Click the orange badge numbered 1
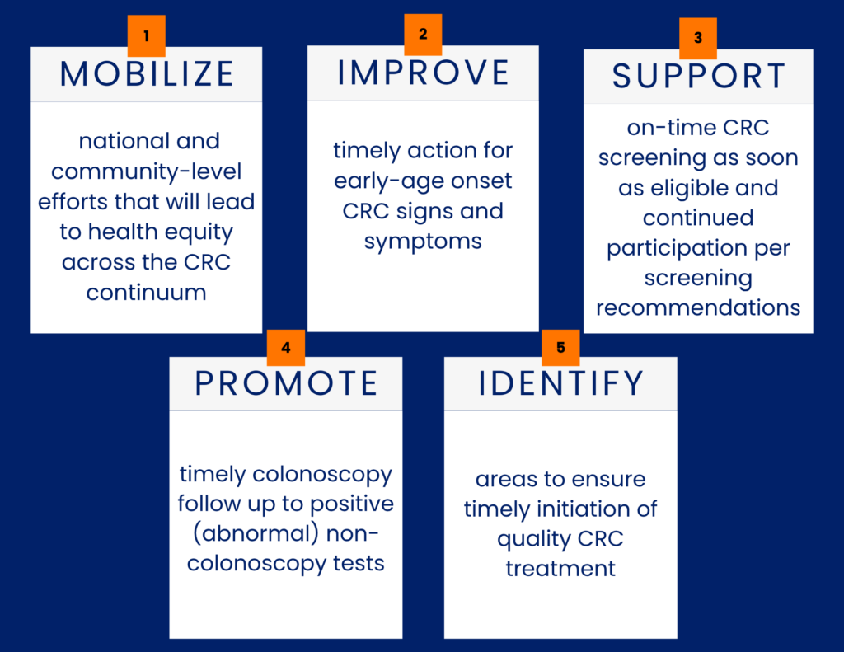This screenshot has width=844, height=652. coord(147,35)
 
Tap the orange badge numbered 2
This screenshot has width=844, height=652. coord(423,35)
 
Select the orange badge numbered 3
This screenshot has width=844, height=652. coord(698,38)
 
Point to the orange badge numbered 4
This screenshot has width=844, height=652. coord(286,348)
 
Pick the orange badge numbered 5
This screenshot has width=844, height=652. coord(560,348)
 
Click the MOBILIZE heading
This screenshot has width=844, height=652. coord(147,73)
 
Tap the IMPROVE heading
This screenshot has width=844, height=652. coord(423,73)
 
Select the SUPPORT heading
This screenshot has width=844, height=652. coord(699,76)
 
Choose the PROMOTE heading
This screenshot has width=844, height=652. coord(286,383)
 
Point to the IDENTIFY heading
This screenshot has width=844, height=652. coord(560,383)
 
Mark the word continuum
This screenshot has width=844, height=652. coord(147,293)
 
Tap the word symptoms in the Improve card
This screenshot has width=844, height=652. coord(423,242)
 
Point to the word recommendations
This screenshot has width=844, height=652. coord(698,307)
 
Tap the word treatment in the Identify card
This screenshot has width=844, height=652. coord(560,569)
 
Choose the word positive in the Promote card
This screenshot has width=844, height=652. coord(352,504)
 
